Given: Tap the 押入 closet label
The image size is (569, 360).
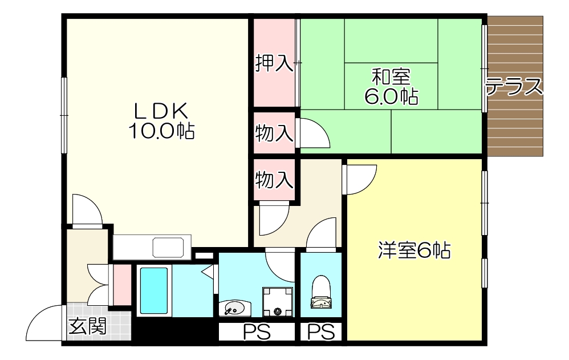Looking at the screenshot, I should click(274, 63).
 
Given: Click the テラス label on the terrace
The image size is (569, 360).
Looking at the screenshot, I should click(514, 88).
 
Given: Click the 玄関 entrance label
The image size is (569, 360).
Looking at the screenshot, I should click(87, 327).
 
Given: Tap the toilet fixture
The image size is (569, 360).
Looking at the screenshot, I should click(320, 292).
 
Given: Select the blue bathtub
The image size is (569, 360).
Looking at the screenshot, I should click(154, 290).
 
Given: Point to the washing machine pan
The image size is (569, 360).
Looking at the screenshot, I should click(278, 301).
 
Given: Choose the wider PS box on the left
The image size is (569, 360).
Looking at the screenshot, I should click(257, 331).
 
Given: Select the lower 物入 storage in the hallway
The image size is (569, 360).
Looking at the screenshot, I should click(274, 180).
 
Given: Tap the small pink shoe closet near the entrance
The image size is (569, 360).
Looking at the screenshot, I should click(121, 284).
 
